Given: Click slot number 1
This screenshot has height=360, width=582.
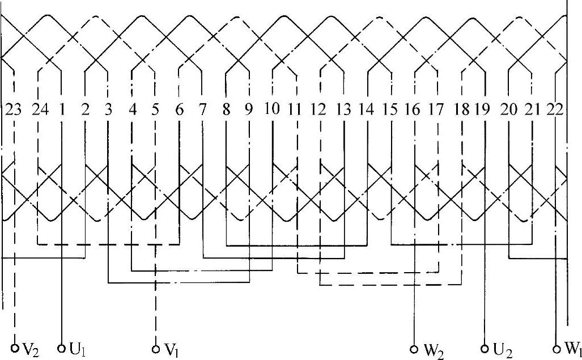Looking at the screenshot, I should coord(61,110).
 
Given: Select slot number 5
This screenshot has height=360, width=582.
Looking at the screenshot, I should coord(155,110).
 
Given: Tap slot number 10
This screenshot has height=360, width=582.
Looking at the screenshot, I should coord(273,109).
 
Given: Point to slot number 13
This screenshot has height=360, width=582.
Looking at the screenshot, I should coord(343,110).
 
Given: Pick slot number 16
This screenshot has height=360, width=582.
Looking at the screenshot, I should coord(414,110).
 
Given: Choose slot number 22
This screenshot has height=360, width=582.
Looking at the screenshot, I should coord(556,110).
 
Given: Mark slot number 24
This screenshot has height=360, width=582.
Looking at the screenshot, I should coord(39,110).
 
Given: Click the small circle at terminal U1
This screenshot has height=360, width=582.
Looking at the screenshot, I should coord(62,347).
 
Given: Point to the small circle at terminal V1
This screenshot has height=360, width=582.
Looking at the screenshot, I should coord(155,347).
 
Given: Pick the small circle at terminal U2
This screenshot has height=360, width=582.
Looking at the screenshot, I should coord(485,347).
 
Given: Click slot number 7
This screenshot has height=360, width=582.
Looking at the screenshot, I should coord(202,110).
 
